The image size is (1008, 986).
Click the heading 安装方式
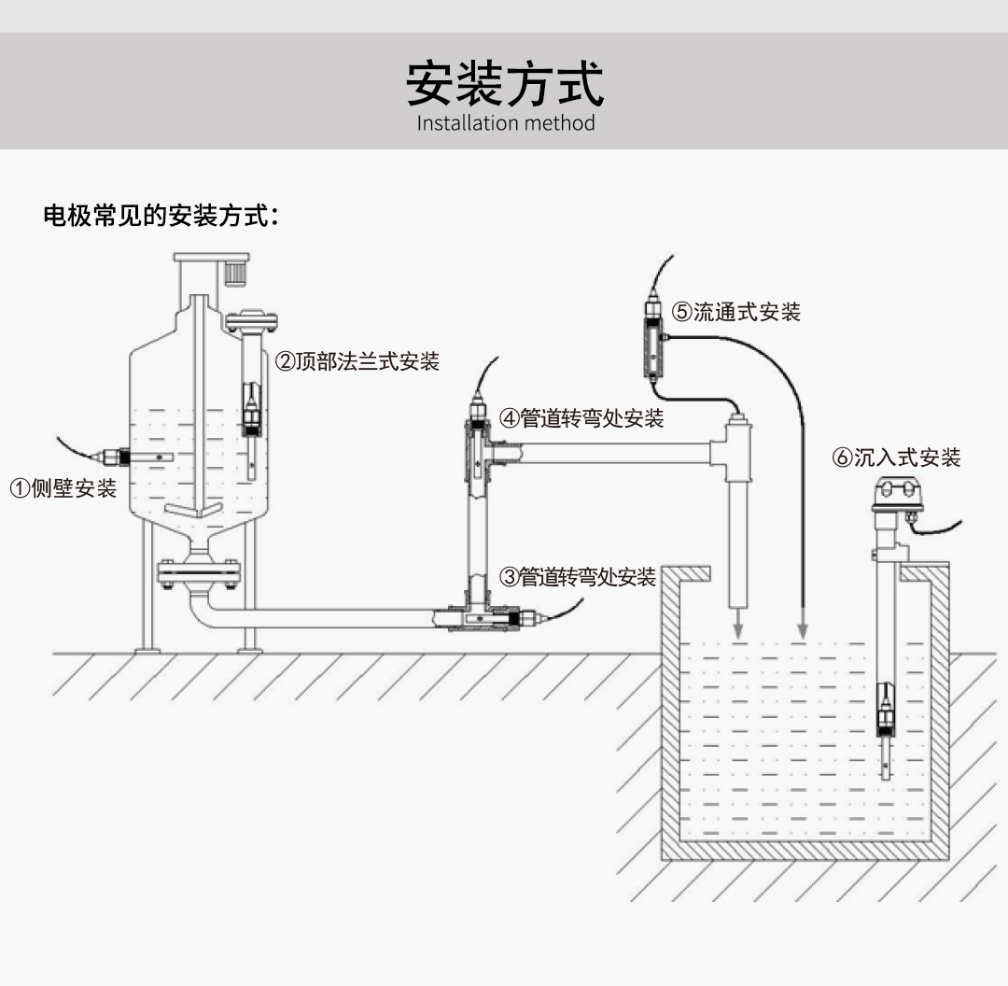click(x=504, y=84)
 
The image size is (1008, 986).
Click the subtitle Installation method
click(x=505, y=123)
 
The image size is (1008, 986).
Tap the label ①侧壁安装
click(x=63, y=487)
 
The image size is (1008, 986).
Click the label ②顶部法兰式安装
click(x=357, y=361)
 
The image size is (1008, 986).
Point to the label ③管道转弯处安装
click(x=578, y=577)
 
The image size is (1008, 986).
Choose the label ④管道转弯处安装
click(x=581, y=418)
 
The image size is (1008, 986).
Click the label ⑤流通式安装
click(x=735, y=312)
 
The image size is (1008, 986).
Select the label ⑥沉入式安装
click(x=896, y=458)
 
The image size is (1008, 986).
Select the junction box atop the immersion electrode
click(x=896, y=495)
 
